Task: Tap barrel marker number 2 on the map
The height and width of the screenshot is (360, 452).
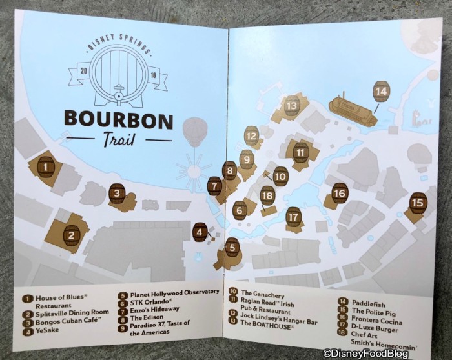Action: tap(71, 236)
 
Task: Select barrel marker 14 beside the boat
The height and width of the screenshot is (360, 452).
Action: tap(382, 92)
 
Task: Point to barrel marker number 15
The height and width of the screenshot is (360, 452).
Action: tap(418, 203)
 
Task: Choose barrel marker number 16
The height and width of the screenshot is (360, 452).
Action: tap(340, 193)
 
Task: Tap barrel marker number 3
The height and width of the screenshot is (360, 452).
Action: tap(117, 193)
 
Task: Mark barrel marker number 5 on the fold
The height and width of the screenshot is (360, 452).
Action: tap(232, 246)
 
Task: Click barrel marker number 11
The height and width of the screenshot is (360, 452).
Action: tap(300, 152)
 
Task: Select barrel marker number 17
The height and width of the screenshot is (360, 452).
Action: tap(294, 217)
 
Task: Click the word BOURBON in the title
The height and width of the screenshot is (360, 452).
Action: tap(118, 120)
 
